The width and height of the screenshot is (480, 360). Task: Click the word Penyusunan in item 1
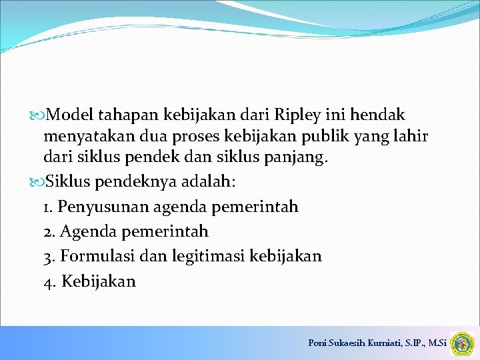pyautogui.click(x=103, y=207)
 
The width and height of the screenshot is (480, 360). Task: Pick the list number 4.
pyautogui.click(x=49, y=281)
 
